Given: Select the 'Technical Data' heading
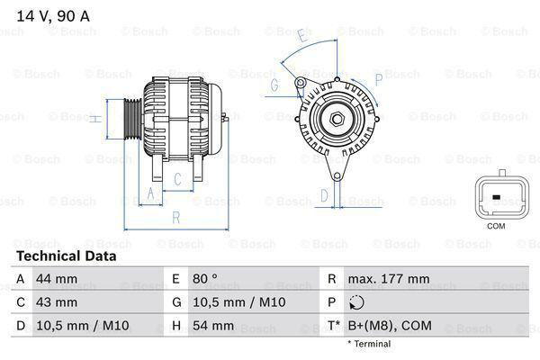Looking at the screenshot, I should click(65, 256).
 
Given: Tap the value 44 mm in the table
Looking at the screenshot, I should click(56, 279).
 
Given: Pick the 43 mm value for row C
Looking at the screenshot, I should click(56, 302).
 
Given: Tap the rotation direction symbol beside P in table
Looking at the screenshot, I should click(359, 302).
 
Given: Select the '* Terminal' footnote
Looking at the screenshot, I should click(369, 344).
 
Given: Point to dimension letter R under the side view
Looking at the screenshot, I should click(175, 217).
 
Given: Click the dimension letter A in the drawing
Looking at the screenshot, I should click(150, 193).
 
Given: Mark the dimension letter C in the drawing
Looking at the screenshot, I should click(177, 179).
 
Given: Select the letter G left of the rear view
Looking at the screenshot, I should click(274, 86).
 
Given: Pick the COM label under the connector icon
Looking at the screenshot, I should click(496, 225).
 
